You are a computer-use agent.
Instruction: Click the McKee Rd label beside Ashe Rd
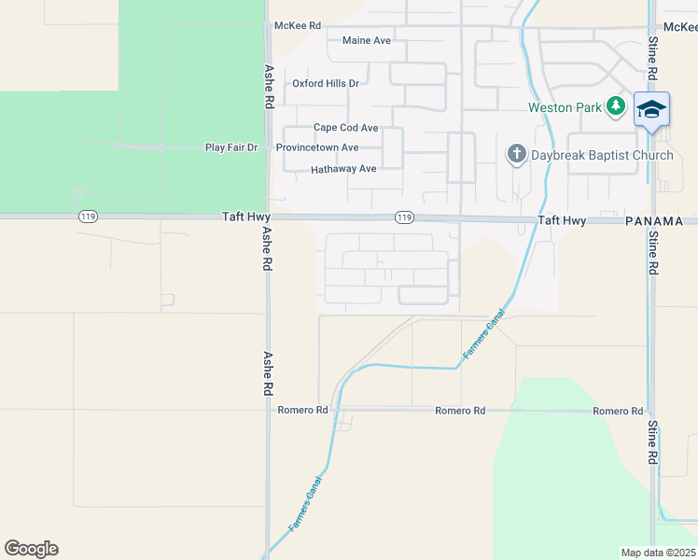point(297,26)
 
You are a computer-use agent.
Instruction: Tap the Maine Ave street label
point(367,41)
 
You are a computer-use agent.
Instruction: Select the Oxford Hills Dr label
point(326,84)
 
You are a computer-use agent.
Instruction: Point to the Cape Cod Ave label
point(345,128)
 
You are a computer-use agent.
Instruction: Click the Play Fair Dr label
point(230,147)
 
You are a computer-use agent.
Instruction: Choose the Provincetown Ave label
point(317,147)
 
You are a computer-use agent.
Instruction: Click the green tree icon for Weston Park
point(615,106)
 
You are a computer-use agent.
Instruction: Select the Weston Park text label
point(565,107)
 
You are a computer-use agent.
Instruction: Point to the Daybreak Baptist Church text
point(602,155)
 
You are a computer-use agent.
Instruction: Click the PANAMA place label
point(661,221)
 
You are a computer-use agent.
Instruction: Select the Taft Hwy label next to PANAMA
point(562,221)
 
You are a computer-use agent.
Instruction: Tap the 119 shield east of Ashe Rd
point(403,217)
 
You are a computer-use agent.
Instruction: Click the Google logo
point(31,549)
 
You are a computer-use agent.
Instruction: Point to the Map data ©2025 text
point(658,553)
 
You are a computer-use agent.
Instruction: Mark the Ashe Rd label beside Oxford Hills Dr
point(269,86)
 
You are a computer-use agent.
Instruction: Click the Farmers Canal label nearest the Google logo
point(305,504)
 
